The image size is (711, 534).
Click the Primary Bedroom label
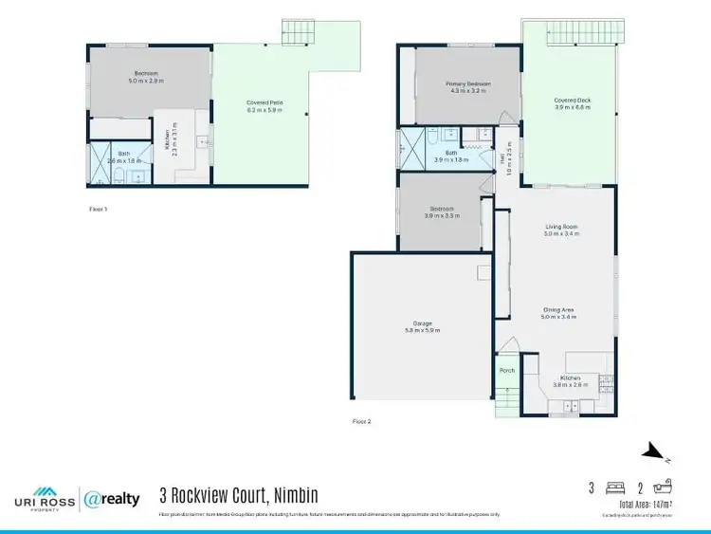(x=468, y=84)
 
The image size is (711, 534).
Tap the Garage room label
(x=422, y=323)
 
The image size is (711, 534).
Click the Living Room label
(x=561, y=227)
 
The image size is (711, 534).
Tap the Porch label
(x=507, y=371)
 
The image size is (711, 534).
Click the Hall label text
(x=501, y=158)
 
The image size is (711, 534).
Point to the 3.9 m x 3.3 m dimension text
(x=442, y=216)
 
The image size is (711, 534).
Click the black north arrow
(x=653, y=451)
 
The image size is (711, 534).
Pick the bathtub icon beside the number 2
(x=663, y=488)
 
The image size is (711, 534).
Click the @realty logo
(x=113, y=498)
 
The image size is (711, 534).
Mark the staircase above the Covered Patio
(x=298, y=32)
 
